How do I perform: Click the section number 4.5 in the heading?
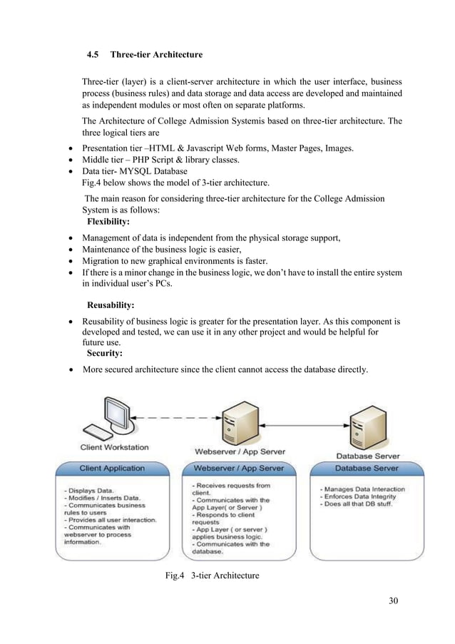tap(93, 55)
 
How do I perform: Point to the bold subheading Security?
tap(105, 353)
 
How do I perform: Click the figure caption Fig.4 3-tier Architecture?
tap(211, 576)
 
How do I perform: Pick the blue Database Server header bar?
tap(367, 469)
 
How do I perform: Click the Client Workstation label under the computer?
tap(114, 447)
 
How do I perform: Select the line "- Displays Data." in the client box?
tap(88, 491)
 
